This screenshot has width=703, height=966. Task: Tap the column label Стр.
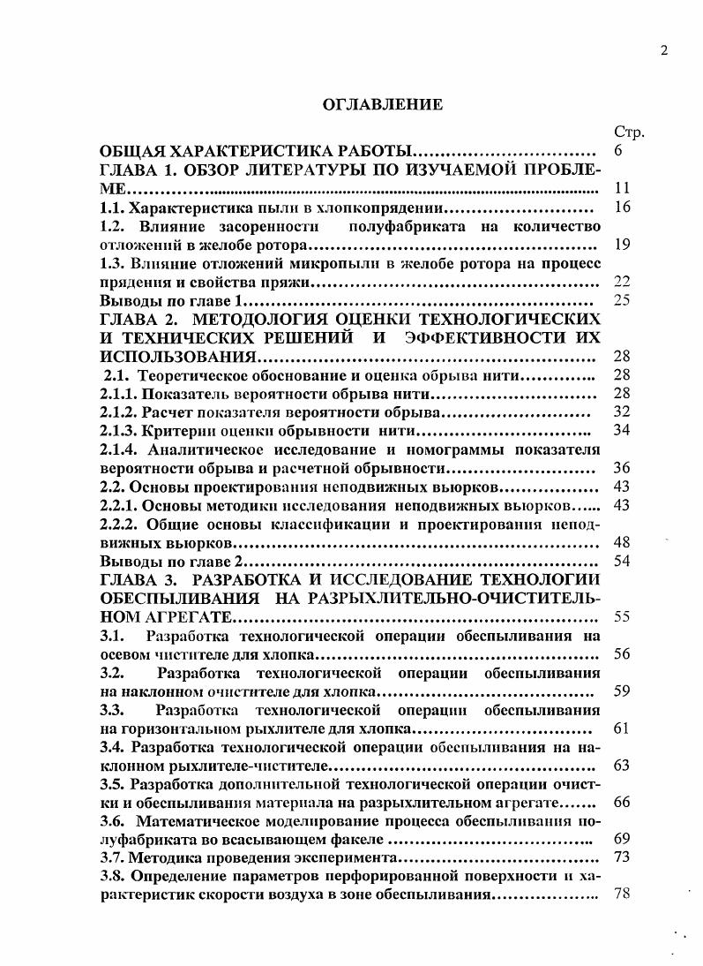click(x=628, y=132)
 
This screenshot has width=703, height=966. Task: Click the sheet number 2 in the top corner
click(x=663, y=50)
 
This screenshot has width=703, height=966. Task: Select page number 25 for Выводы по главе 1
click(x=621, y=300)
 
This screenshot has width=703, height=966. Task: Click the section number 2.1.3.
click(x=119, y=431)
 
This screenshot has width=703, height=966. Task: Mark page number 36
click(x=621, y=468)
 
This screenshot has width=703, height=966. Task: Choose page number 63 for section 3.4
click(x=621, y=765)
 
